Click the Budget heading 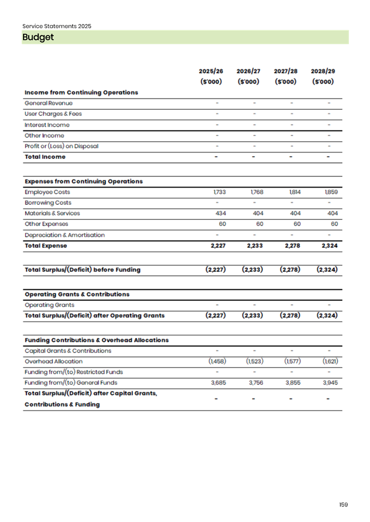click(x=38, y=37)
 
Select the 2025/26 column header click(x=211, y=72)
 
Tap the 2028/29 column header click(x=323, y=72)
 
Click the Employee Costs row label click(x=47, y=192)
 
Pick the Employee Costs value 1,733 click(x=219, y=192)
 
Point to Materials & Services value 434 click(x=221, y=213)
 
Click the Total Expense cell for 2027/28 click(x=292, y=246)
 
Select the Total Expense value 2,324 click(x=329, y=246)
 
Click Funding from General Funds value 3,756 click(x=256, y=383)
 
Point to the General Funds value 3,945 click(x=330, y=383)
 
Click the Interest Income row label click(x=47, y=125)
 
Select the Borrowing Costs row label click(x=48, y=203)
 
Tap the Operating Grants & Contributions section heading click(x=77, y=294)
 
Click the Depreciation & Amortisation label click(x=65, y=235)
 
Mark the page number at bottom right click(x=343, y=505)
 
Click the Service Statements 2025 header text click(x=57, y=26)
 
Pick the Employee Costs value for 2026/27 click(x=257, y=192)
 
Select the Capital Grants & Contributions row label click(x=68, y=351)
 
